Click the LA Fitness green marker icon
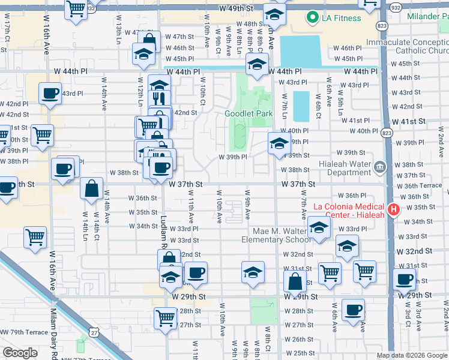[x=312, y=18]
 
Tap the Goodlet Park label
[x=249, y=113]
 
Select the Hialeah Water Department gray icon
[x=379, y=166]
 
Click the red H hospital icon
[x=394, y=210]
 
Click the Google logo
[x=20, y=353]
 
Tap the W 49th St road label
[x=237, y=9]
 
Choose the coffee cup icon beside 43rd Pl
[x=50, y=93]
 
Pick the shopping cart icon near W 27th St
[x=166, y=319]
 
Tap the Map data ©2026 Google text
[x=411, y=355]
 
